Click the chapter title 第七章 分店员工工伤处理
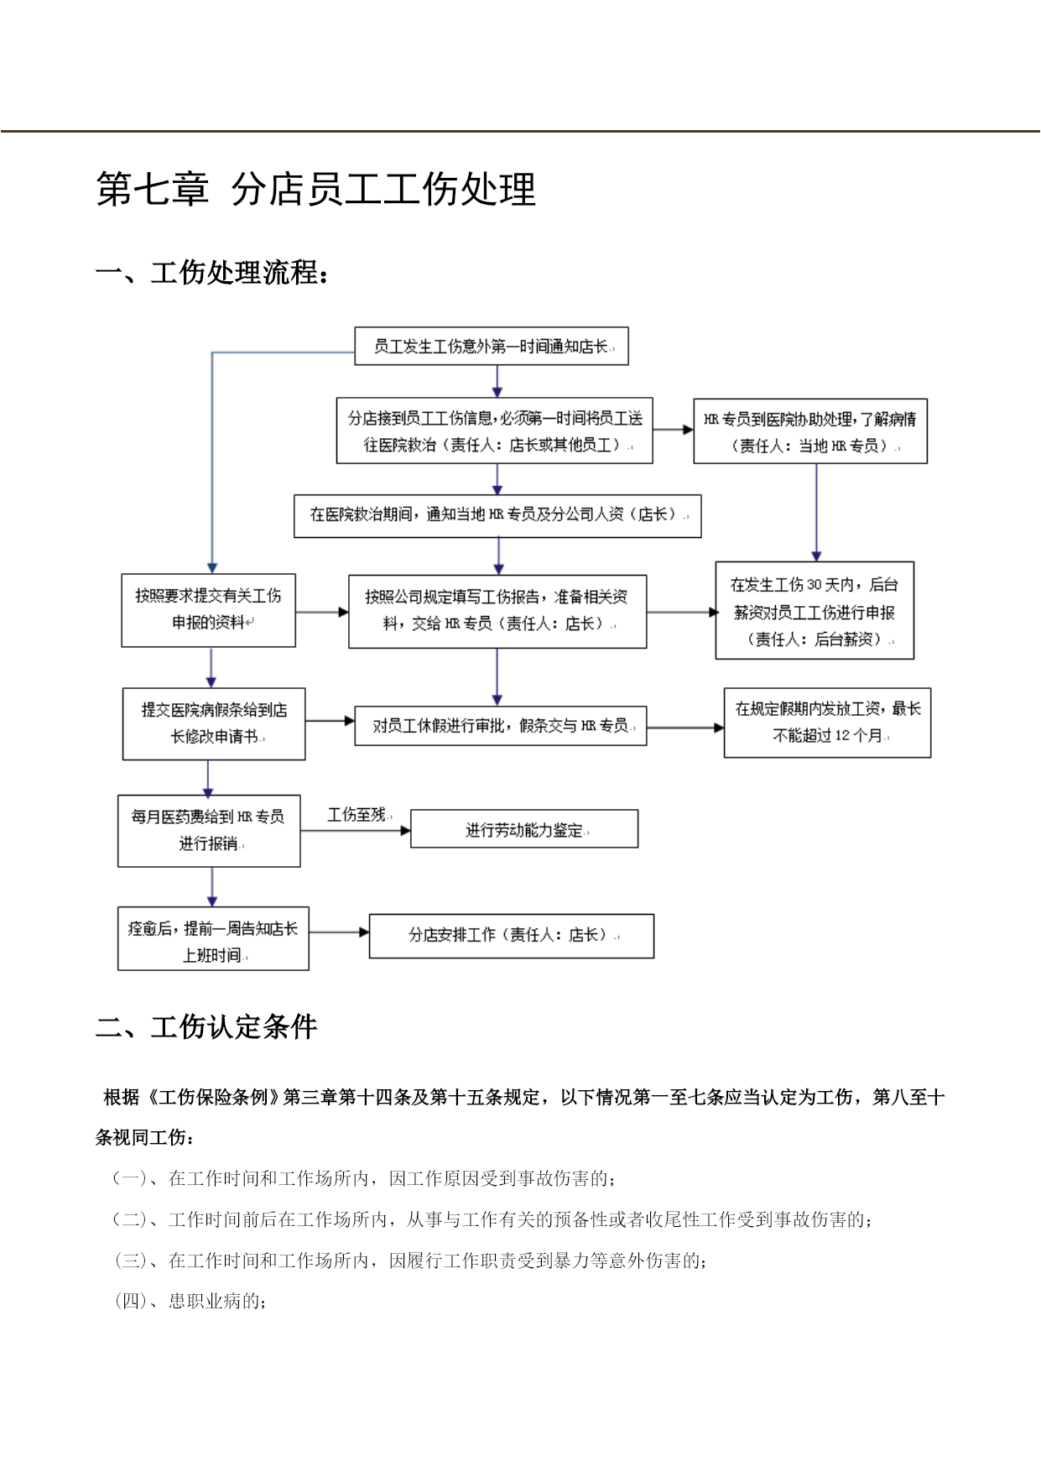[x=315, y=189]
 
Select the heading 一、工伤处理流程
[x=212, y=273]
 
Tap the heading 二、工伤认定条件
[x=206, y=1026]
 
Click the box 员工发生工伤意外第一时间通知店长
[x=492, y=346]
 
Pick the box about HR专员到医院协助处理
[x=810, y=431]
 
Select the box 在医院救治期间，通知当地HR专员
[x=497, y=515]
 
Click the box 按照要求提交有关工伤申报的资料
[x=209, y=610]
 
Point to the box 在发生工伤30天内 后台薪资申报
[x=815, y=611]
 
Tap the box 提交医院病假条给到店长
[x=214, y=724]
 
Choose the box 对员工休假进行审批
[x=501, y=726]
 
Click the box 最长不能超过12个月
[x=828, y=723]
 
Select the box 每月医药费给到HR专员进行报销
[x=209, y=831]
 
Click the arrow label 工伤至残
[x=357, y=815]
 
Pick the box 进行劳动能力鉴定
[x=524, y=829]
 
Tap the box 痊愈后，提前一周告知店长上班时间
[x=213, y=939]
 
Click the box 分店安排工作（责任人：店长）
[x=512, y=936]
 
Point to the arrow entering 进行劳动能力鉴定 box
[x=356, y=831]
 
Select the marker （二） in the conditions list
[x=130, y=1219]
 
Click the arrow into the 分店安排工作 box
[x=339, y=932]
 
